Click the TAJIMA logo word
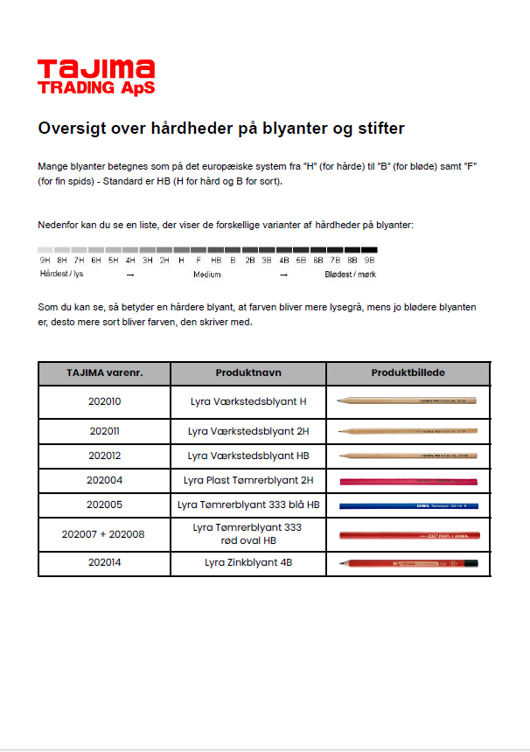pyautogui.click(x=96, y=69)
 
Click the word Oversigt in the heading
pyautogui.click(x=71, y=129)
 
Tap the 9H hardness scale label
pyautogui.click(x=45, y=260)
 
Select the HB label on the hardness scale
pyautogui.click(x=215, y=260)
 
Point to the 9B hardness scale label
pyautogui.click(x=369, y=260)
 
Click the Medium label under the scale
pyautogui.click(x=207, y=274)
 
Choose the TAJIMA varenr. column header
pyautogui.click(x=104, y=373)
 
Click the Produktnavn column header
pyautogui.click(x=248, y=373)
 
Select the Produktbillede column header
pyautogui.click(x=408, y=373)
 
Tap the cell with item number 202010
pyautogui.click(x=105, y=402)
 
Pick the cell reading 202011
pyautogui.click(x=105, y=431)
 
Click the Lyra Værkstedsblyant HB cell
pyautogui.click(x=248, y=456)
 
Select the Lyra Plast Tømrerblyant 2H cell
pyautogui.click(x=248, y=480)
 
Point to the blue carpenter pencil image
pyautogui.click(x=408, y=505)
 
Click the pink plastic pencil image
pyautogui.click(x=408, y=481)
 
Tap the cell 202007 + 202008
pyautogui.click(x=104, y=534)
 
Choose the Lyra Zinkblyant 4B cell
pyautogui.click(x=248, y=563)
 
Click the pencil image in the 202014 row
pyautogui.click(x=408, y=564)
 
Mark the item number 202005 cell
pyautogui.click(x=105, y=505)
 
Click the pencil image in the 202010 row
pyautogui.click(x=408, y=400)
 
